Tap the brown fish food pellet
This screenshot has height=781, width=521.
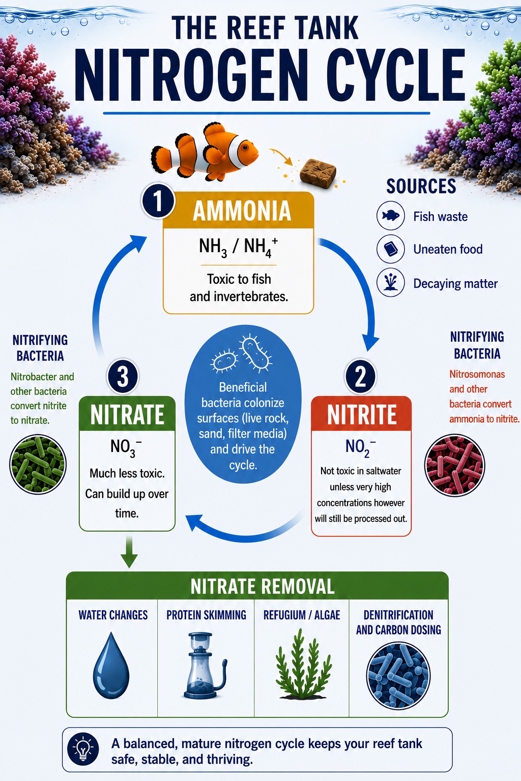[318, 172]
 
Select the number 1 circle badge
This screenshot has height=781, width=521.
[158, 201]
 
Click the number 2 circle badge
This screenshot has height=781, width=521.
[361, 377]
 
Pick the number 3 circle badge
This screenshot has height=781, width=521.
[123, 377]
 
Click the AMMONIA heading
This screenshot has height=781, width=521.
[242, 211]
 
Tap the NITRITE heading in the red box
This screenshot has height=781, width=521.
[362, 414]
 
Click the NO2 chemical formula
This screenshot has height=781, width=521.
[361, 447]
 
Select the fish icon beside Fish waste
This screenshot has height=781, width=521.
[390, 216]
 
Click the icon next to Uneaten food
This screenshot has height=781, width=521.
[390, 249]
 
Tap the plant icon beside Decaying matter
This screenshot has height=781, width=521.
[390, 283]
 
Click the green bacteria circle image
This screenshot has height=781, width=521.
[38, 464]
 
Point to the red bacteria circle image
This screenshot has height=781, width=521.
[455, 464]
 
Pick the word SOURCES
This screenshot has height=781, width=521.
[421, 186]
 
